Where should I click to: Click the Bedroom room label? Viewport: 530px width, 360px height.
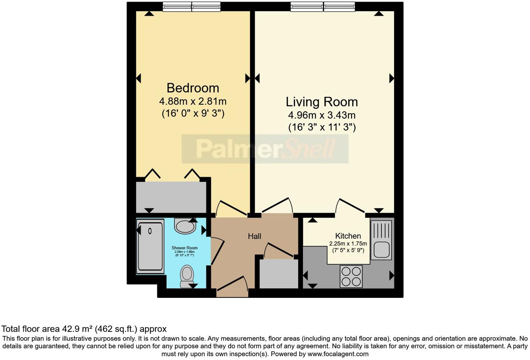click(192, 88)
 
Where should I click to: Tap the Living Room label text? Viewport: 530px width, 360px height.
click(321, 102)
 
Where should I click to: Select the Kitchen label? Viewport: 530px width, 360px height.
click(348, 236)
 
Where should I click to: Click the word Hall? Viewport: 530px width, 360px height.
click(254, 236)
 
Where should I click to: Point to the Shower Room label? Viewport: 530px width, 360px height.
click(184, 248)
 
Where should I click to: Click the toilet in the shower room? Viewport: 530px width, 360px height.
click(187, 275)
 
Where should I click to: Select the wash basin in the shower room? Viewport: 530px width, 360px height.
click(185, 226)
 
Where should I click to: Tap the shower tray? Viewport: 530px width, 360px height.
click(150, 246)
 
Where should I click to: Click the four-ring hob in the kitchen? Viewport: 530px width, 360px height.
click(351, 276)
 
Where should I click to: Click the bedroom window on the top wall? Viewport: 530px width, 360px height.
click(191, 7)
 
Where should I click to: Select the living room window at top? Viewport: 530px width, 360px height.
click(323, 7)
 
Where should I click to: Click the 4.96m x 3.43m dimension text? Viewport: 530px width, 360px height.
click(321, 115)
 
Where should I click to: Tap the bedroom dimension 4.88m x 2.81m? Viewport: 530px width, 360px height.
click(192, 102)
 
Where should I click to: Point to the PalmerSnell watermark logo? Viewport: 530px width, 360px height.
click(265, 149)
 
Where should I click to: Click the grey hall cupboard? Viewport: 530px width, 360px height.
click(279, 273)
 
